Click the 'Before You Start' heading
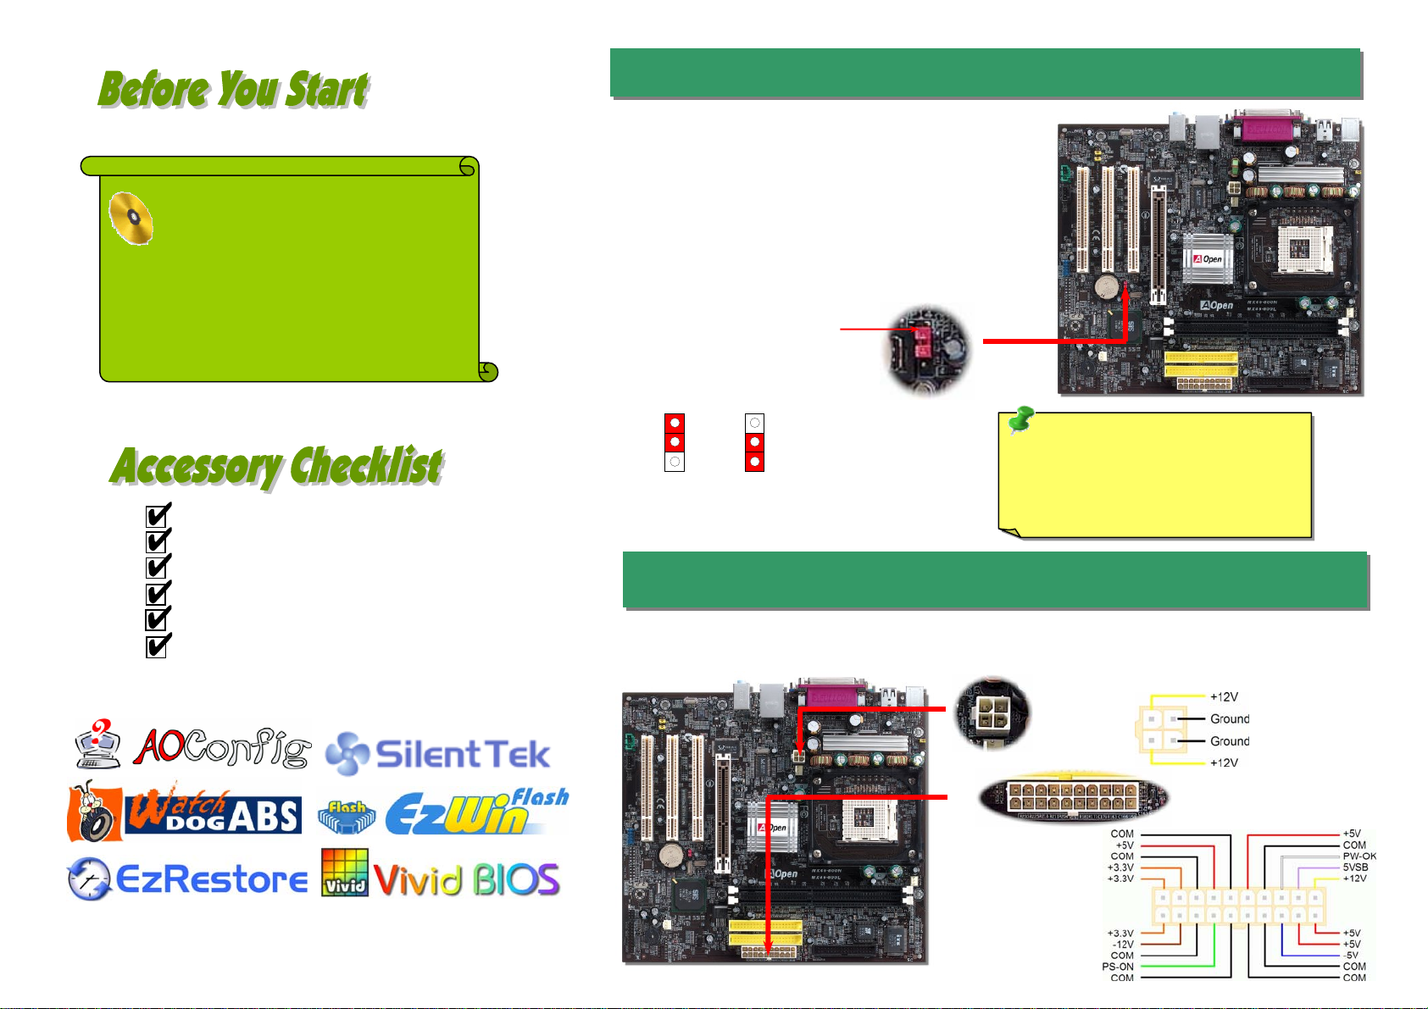tap(233, 89)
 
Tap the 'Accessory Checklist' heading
tap(276, 466)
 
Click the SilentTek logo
tap(438, 754)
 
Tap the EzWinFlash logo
tap(443, 812)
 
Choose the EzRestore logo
tap(187, 879)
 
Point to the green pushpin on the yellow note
tap(1022, 419)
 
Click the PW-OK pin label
tap(1359, 857)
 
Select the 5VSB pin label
tap(1355, 868)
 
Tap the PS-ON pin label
tap(1118, 967)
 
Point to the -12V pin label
tap(1122, 945)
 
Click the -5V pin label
tap(1351, 956)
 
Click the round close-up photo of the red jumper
tap(927, 349)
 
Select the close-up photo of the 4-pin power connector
tap(991, 713)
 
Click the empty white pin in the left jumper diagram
tap(675, 462)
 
